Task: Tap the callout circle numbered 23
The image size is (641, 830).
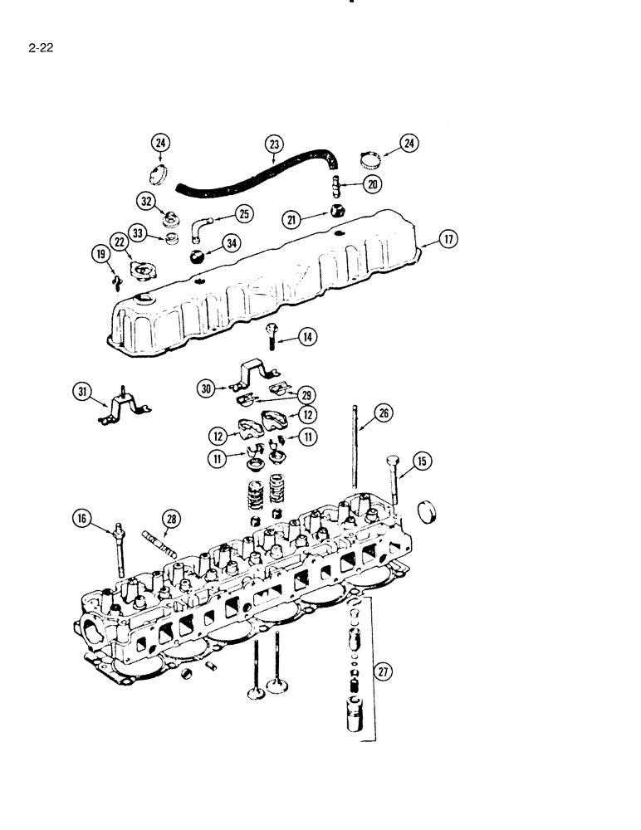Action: point(275,144)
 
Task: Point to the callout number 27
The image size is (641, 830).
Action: point(383,674)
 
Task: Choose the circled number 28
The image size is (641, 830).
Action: point(171,520)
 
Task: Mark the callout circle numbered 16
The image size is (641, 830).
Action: point(81,520)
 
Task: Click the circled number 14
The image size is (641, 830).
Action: point(285,337)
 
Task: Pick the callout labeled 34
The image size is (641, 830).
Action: point(230,244)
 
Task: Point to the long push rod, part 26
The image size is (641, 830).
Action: point(355,448)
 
